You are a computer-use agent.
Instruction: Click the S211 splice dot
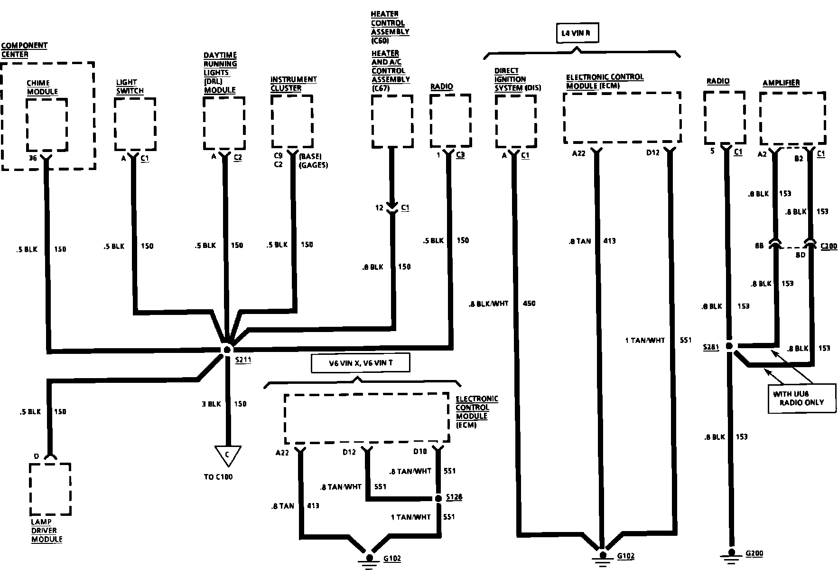pos(227,350)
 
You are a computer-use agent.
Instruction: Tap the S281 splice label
pos(711,348)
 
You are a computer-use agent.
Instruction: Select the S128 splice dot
pos(438,498)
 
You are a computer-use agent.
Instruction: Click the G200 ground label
pos(754,553)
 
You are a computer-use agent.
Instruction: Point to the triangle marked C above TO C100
pos(227,455)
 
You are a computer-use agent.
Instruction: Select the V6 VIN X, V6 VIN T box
pos(361,364)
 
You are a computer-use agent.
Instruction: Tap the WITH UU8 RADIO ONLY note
pos(801,398)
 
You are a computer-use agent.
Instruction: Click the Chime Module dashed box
pos(47,124)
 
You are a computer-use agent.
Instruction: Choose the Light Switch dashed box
pos(135,124)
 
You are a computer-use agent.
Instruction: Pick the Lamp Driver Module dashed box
pos(50,489)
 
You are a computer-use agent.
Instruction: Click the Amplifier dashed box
pos(792,118)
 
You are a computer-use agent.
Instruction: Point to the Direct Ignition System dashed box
pos(515,121)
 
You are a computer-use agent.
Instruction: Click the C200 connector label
pos(829,246)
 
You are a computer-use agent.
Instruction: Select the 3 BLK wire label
pos(211,404)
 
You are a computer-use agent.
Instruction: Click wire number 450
pos(529,304)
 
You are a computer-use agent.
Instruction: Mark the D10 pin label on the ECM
pos(420,452)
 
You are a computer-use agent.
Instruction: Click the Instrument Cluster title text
pos(293,84)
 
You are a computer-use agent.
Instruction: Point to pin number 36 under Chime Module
pos(32,158)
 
